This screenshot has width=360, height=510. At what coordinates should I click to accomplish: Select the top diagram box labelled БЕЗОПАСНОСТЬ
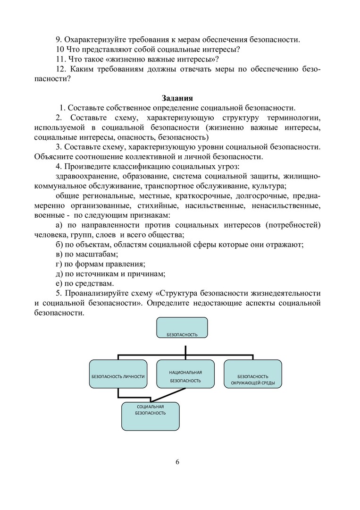182,327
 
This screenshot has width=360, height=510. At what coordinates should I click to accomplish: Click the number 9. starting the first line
59,40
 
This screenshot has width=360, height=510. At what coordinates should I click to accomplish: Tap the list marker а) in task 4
59,225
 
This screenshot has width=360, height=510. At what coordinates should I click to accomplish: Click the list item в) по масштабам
86,254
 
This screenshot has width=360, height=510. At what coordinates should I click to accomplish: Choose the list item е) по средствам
84,284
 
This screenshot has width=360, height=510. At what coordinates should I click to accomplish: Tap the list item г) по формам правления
100,264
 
